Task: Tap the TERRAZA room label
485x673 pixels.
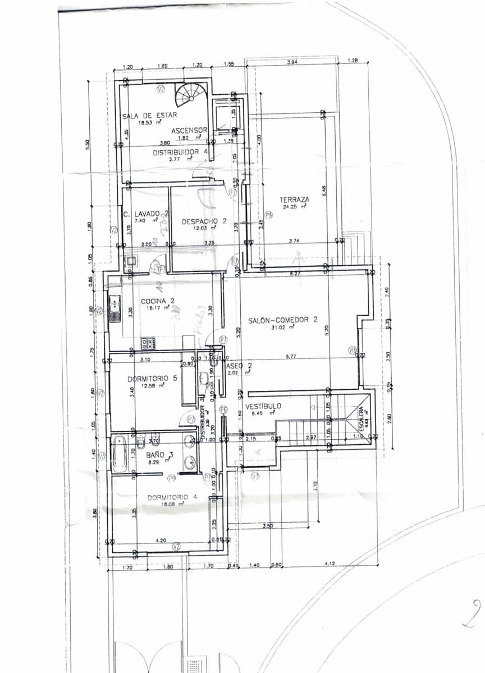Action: pyautogui.click(x=295, y=199)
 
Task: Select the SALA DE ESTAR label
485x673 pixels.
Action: pyautogui.click(x=150, y=116)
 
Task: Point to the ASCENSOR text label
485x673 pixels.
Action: pyautogui.click(x=189, y=130)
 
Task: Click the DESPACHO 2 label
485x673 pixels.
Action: pyautogui.click(x=204, y=222)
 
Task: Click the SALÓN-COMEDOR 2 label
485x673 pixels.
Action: pyautogui.click(x=283, y=320)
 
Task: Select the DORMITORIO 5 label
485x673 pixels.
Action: pyautogui.click(x=152, y=379)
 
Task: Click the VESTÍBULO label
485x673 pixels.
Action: pyautogui.click(x=263, y=406)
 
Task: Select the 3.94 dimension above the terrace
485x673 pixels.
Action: pyautogui.click(x=292, y=62)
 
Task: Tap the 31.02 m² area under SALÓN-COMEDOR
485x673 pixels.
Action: pyautogui.click(x=281, y=328)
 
